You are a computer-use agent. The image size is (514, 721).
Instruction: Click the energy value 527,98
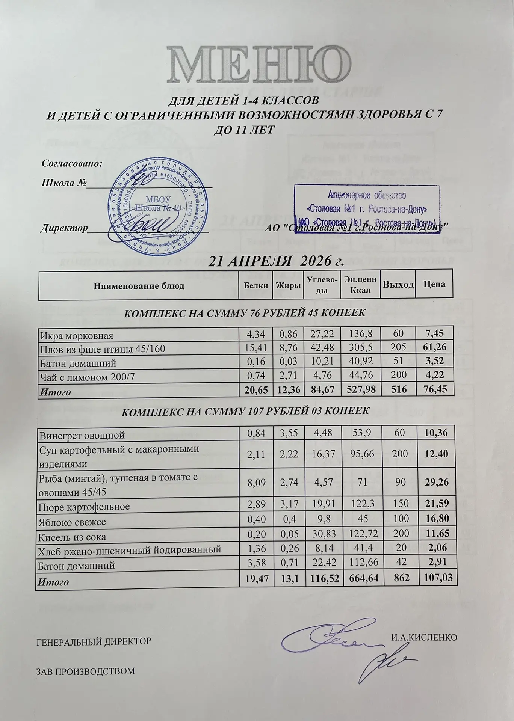pyautogui.click(x=360, y=390)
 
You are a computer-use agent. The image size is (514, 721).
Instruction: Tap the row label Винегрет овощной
pyautogui.click(x=82, y=435)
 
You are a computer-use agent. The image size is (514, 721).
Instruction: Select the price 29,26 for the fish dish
pyautogui.click(x=436, y=482)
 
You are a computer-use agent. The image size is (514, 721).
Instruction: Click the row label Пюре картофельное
pyautogui.click(x=85, y=507)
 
